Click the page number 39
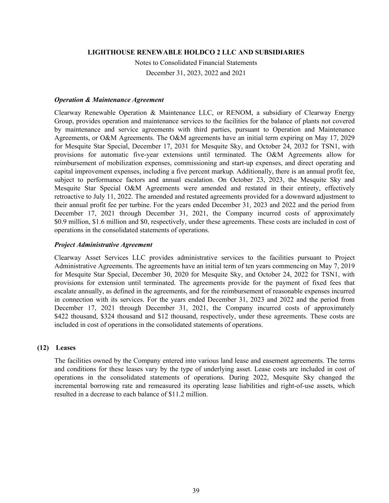coord(196,490)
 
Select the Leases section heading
coord(66,347)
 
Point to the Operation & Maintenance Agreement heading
coord(109,100)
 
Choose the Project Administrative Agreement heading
coord(103,245)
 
